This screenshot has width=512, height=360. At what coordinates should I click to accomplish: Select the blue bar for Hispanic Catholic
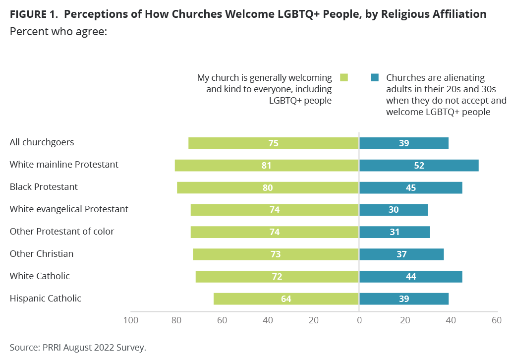(x=403, y=299)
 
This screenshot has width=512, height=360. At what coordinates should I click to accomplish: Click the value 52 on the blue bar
(x=419, y=165)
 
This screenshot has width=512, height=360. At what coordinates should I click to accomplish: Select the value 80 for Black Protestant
(x=268, y=187)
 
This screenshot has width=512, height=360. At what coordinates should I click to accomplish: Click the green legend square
(x=344, y=78)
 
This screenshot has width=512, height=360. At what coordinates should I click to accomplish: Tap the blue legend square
(x=375, y=78)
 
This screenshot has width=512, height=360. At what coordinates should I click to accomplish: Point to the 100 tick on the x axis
(x=130, y=320)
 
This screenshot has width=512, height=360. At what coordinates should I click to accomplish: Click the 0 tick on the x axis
(x=359, y=320)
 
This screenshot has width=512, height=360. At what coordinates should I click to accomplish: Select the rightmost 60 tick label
(x=496, y=320)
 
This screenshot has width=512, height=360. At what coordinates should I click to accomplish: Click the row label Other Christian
(x=42, y=254)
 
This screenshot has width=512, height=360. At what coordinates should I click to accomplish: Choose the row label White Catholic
(x=40, y=276)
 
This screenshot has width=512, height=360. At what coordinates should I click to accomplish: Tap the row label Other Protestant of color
(x=62, y=232)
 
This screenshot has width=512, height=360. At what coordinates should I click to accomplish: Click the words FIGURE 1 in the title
(x=33, y=14)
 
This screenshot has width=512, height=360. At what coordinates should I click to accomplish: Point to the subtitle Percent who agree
(x=59, y=31)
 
